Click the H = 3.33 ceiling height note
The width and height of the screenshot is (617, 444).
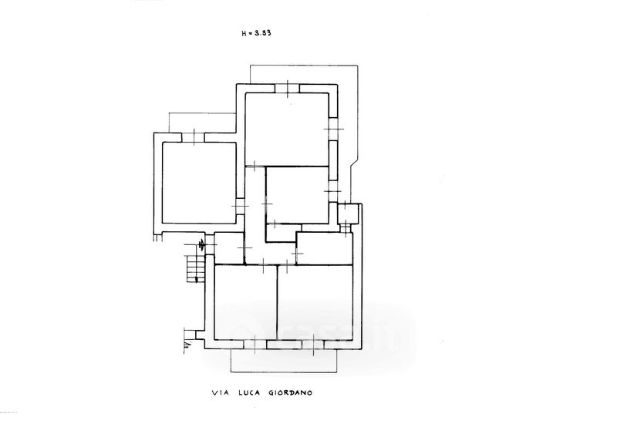point(257,33)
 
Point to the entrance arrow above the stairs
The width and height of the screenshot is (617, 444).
point(202,246)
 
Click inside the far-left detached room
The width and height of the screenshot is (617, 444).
point(197,182)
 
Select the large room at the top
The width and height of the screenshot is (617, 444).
point(288,128)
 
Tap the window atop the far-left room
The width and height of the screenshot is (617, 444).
point(193,137)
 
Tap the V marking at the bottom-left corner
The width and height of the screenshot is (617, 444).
point(187,339)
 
